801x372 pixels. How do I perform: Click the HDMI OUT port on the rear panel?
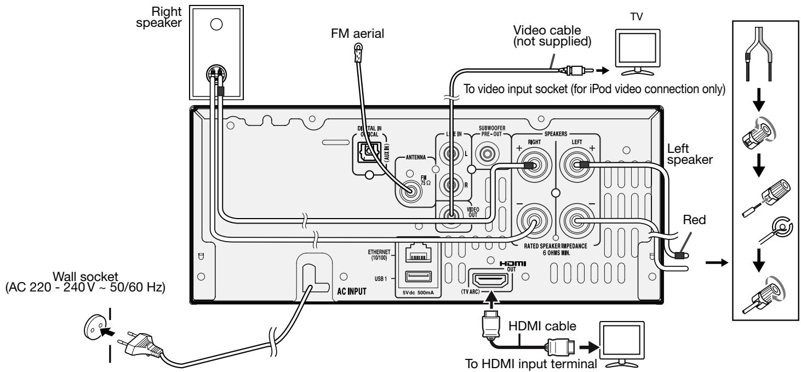point(490,281)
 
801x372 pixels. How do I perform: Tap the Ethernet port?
point(418,253)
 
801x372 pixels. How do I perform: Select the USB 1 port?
point(418,277)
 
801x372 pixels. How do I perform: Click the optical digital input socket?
point(369,152)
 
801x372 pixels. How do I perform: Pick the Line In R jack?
point(451,185)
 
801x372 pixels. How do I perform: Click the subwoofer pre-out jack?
point(487,154)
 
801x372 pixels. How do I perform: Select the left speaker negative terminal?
point(576,221)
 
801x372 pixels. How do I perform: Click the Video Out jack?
point(451,215)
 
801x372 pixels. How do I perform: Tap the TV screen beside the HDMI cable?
point(622,341)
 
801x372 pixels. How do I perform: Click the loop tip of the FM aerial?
point(358,47)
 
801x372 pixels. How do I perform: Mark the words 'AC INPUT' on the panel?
point(352,291)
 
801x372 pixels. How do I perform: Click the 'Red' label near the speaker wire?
point(694,220)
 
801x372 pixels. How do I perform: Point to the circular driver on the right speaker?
point(216,24)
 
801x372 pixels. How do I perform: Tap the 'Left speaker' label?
point(690,154)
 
